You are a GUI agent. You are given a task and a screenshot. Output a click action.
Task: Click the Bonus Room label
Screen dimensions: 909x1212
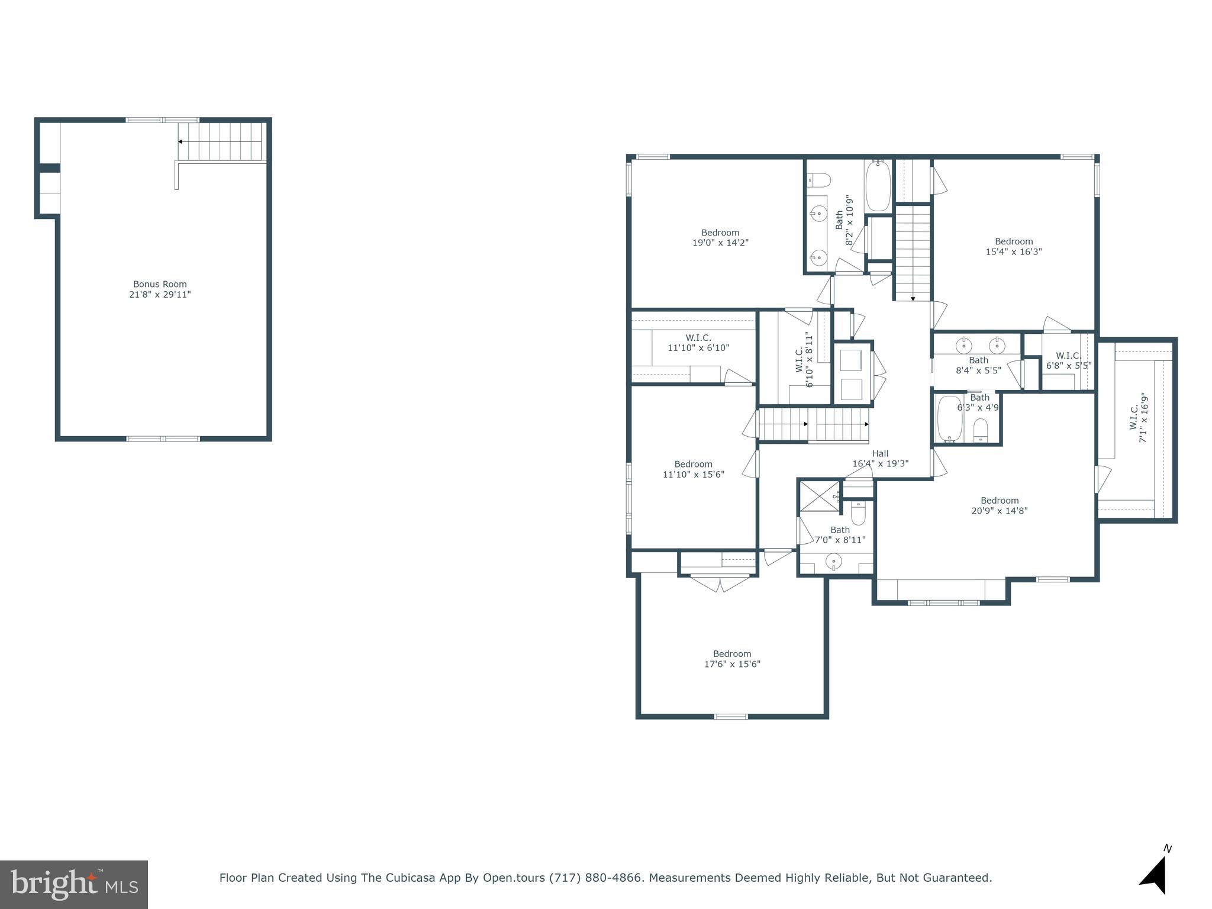tap(160, 284)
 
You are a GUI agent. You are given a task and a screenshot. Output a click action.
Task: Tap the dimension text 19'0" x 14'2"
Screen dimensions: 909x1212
tap(720, 243)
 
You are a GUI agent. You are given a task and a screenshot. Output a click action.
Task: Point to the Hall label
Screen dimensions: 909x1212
tap(880, 454)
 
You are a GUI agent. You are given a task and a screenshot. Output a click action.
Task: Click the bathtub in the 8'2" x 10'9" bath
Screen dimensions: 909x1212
tap(878, 186)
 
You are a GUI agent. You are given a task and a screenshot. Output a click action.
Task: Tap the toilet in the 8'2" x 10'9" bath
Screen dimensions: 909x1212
tap(820, 178)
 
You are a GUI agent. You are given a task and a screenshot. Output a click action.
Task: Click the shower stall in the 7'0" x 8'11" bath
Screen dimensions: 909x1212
tap(819, 496)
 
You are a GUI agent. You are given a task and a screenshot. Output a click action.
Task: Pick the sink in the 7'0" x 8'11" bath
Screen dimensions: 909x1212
tap(834, 560)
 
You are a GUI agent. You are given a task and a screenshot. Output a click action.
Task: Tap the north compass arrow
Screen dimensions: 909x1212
tap(1154, 876)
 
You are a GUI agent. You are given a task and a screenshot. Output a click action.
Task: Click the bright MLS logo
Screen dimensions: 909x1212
tap(74, 884)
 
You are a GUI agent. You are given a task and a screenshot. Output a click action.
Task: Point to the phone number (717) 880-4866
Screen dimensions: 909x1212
tap(595, 878)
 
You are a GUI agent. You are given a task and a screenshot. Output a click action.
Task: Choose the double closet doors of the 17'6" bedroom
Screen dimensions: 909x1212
tap(720, 584)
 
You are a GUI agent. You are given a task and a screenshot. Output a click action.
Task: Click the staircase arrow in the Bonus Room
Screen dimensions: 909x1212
tap(180, 142)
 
